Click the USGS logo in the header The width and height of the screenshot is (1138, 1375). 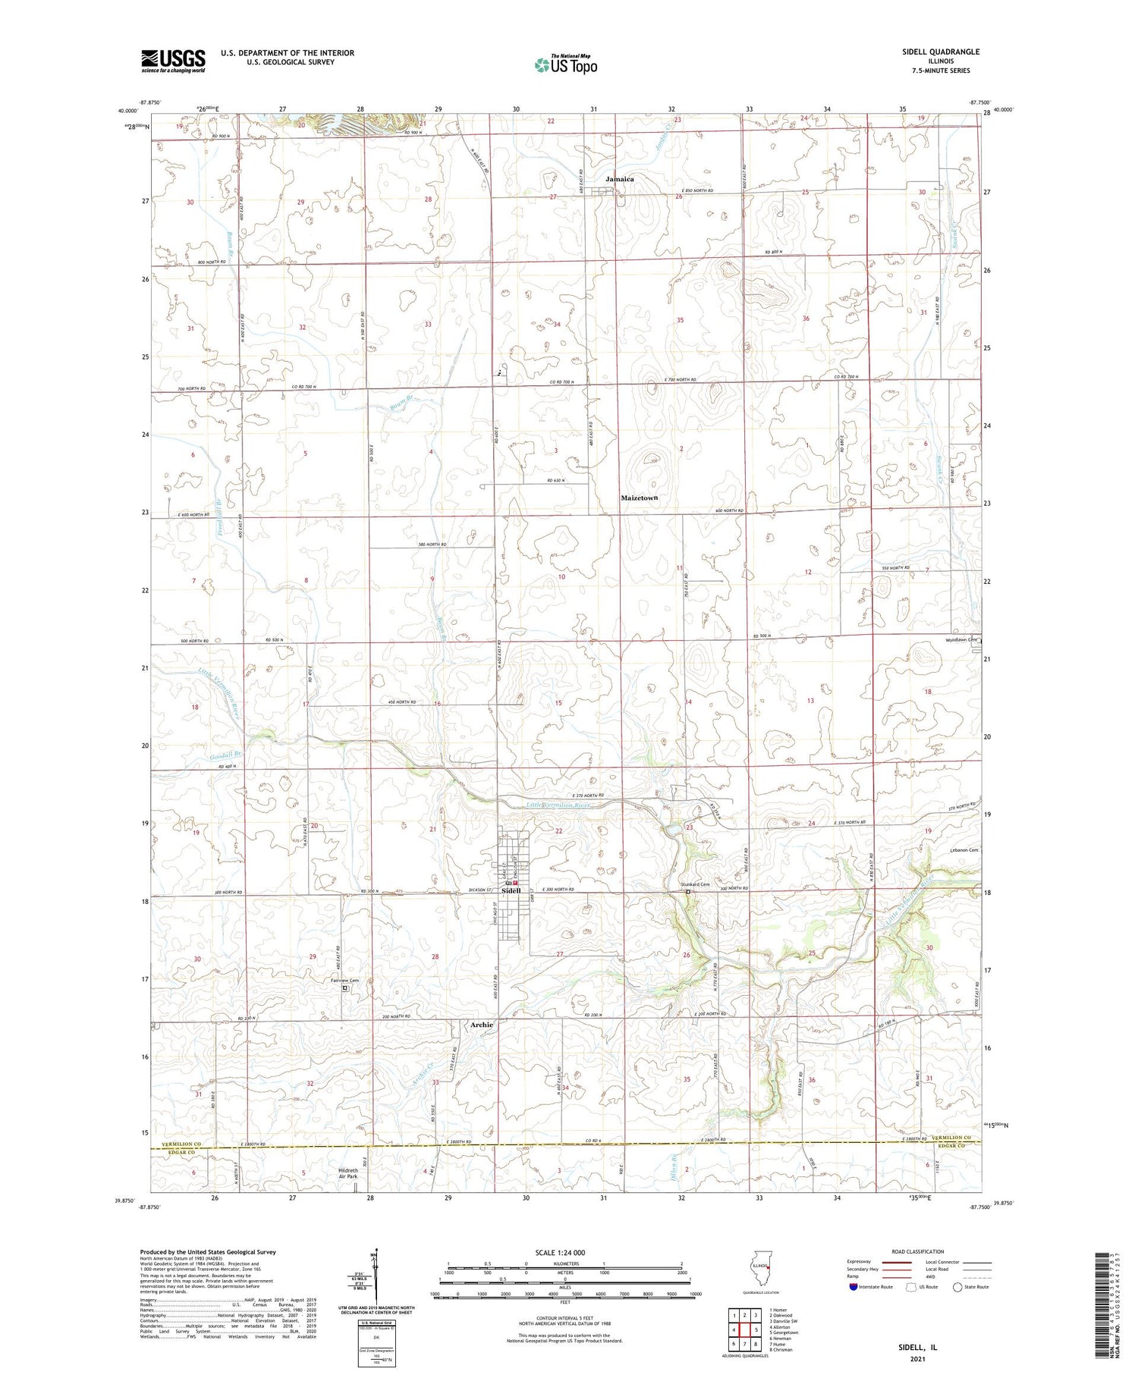[173, 61]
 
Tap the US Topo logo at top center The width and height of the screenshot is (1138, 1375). [565, 64]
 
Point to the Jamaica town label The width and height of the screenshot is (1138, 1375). [619, 179]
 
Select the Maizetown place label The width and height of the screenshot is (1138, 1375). [639, 498]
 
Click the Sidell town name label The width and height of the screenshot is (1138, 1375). [511, 890]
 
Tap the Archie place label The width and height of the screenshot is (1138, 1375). [481, 1025]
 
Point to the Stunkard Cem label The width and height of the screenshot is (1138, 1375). [694, 884]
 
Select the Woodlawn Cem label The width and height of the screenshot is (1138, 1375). [960, 639]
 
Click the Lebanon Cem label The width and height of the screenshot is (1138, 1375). [964, 850]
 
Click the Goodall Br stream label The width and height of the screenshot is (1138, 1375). [225, 755]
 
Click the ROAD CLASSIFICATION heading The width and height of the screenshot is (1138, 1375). [918, 1251]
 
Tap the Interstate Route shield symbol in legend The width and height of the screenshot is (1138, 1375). [853, 1287]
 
